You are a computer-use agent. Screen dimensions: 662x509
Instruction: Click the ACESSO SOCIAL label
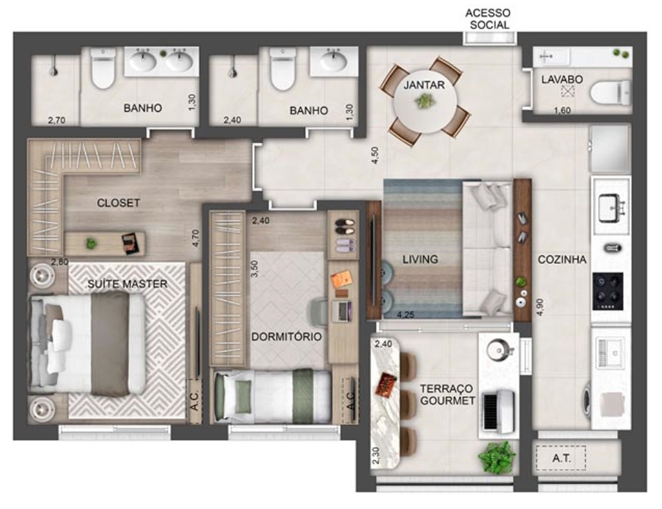488,19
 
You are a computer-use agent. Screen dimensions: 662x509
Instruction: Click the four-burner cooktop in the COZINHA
608,291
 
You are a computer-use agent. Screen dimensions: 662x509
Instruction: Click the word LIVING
420,260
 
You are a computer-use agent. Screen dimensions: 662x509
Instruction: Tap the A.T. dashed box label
561,458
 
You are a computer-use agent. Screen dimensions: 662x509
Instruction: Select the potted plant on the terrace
497,457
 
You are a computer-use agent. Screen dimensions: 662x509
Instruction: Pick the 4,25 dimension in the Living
405,315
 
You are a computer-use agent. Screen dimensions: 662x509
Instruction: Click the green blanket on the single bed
302,396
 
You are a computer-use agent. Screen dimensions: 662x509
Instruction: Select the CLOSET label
118,203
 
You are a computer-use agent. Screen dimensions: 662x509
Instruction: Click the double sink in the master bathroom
161,61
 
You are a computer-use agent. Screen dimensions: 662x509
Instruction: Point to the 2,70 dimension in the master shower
57,120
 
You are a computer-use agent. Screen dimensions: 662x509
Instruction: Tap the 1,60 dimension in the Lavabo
562,110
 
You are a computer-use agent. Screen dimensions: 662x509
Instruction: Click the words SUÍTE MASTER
127,284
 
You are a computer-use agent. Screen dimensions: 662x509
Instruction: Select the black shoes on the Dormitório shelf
345,227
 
